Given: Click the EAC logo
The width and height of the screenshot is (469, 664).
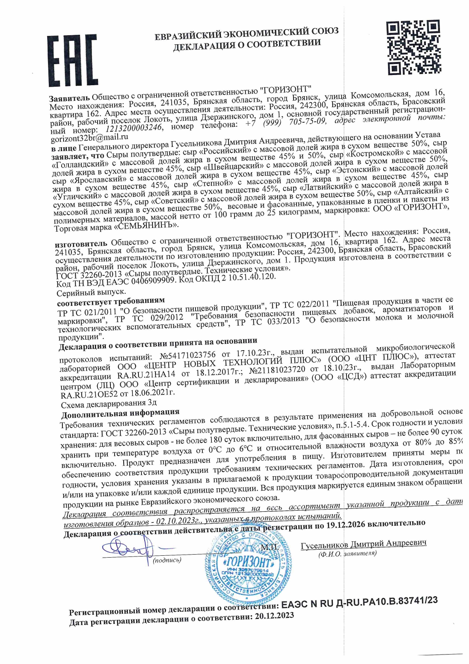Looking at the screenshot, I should (72, 61).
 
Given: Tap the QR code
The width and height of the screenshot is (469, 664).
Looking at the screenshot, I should (413, 47).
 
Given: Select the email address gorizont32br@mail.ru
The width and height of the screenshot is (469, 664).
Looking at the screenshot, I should (89, 138).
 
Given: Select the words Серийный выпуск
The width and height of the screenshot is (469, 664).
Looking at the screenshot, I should (91, 293).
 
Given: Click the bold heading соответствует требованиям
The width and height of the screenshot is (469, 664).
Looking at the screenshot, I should (111, 302).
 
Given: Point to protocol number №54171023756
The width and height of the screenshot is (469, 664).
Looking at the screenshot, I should (188, 356).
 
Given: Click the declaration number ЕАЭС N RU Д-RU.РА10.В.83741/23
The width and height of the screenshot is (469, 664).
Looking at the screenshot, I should (360, 602).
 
